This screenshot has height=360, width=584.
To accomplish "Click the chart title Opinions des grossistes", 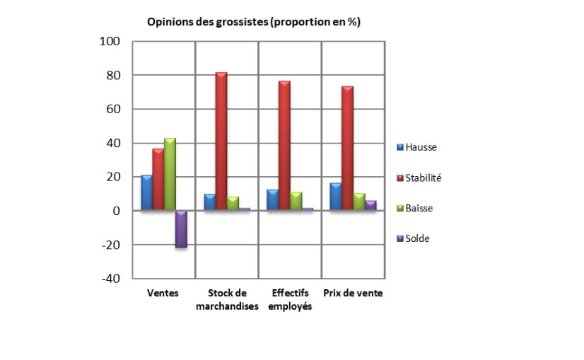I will (253, 22).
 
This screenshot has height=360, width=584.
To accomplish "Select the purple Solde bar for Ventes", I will (181, 228).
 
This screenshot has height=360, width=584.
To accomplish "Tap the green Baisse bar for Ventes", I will (170, 174).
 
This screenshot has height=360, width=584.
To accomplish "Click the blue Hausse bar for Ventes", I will (146, 192).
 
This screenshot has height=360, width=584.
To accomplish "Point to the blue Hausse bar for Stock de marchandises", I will (209, 202).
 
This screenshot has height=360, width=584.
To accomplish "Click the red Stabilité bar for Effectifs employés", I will (284, 146).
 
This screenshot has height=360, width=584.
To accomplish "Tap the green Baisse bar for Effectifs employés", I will (296, 201).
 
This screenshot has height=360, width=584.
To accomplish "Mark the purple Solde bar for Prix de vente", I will (370, 205).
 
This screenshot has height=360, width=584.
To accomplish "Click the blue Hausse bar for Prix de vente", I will (336, 196).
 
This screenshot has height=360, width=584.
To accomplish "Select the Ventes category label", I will (163, 294).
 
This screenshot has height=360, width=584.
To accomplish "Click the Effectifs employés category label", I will (290, 300).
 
